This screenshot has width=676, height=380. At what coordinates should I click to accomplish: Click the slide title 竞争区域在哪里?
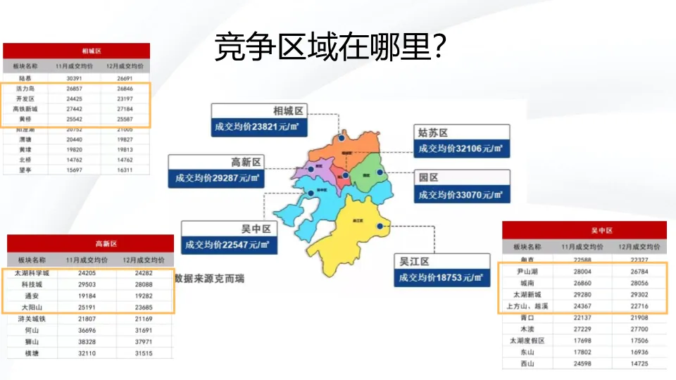330,47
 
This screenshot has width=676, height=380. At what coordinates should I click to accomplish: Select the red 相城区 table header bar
76,51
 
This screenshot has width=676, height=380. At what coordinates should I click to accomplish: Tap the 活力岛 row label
25,89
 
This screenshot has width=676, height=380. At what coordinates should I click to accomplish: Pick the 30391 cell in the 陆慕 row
75,78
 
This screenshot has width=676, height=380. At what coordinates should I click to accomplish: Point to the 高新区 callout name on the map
246,162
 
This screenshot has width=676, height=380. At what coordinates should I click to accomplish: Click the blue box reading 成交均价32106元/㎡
461,148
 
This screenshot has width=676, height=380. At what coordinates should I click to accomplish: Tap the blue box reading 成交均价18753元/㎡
441,277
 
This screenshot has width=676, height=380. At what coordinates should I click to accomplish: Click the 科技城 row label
32,284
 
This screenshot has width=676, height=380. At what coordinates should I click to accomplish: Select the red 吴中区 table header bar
583,230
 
